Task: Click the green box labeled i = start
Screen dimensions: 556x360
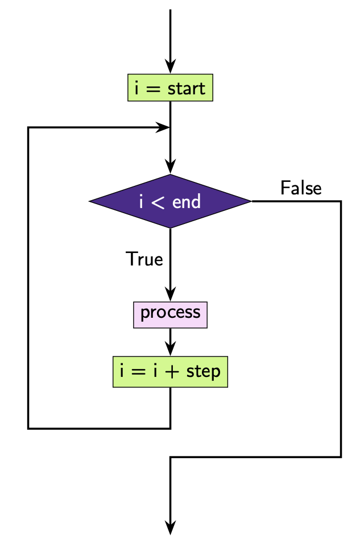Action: [x=170, y=88]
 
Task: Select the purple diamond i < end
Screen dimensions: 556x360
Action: [x=170, y=201]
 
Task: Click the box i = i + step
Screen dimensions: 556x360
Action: [x=170, y=372]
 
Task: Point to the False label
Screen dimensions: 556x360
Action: [x=301, y=188]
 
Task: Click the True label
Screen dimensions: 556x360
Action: [x=144, y=259]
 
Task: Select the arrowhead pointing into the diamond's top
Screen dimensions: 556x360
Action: [x=170, y=168]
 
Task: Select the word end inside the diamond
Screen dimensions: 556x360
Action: [x=187, y=202]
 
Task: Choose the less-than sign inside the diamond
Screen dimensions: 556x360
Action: [x=159, y=202]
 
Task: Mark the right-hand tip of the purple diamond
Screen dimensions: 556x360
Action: [x=250, y=201]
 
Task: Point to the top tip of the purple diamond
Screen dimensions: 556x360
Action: [x=170, y=175]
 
